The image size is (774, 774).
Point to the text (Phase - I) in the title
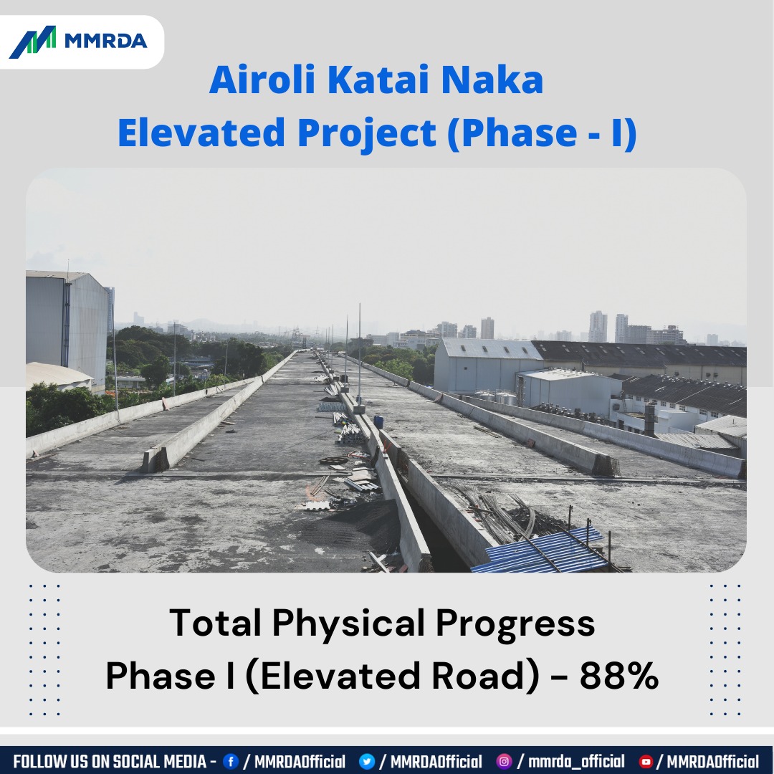tap(541, 134)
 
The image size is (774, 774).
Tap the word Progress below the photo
tap(515, 623)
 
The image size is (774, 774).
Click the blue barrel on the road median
tap(378, 421)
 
